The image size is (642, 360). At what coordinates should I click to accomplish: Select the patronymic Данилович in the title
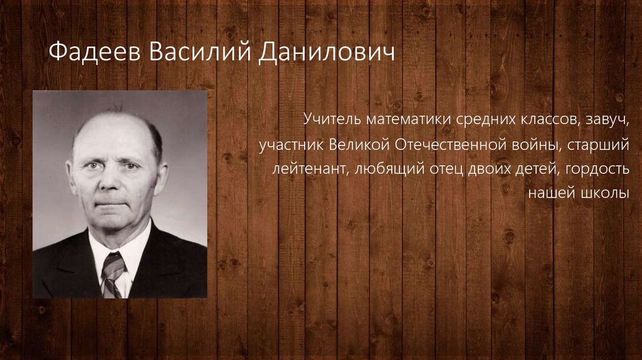tap(326, 53)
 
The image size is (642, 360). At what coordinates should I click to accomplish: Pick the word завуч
tap(607, 117)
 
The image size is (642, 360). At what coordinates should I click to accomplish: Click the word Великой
tap(358, 144)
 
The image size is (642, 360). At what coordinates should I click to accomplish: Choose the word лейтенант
tap(305, 169)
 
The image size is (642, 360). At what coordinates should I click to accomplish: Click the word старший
tap(602, 144)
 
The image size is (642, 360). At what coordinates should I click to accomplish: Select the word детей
tap(540, 169)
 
